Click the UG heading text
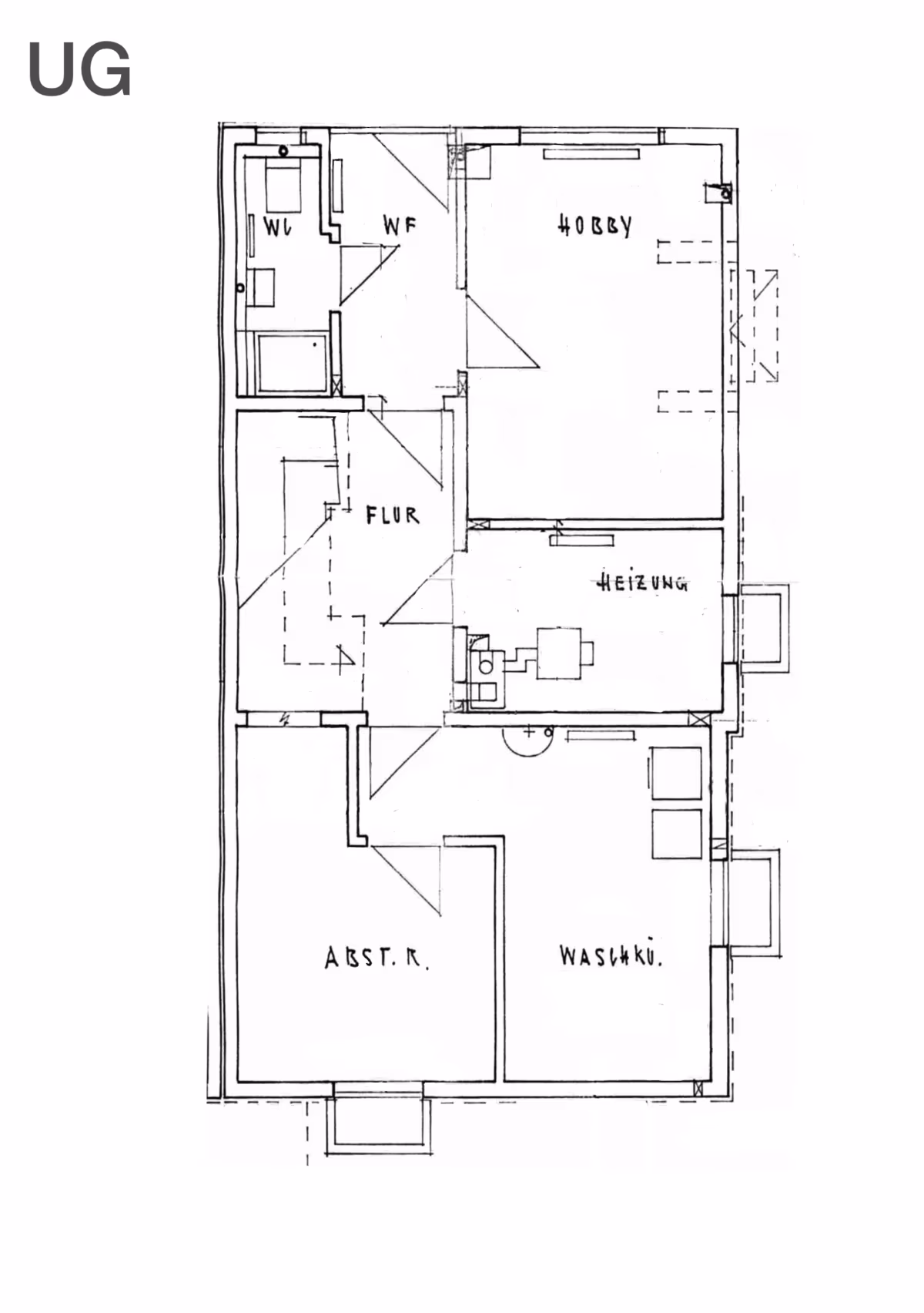pos(79,69)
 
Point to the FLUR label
pos(393,515)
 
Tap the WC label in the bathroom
pos(277,227)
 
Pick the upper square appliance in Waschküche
pos(677,773)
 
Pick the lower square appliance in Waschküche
pos(677,834)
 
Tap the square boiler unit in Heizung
pos(560,653)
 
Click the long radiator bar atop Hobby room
pos(591,154)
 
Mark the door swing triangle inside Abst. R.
pos(406,880)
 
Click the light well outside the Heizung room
pos(763,627)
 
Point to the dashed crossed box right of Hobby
pos(754,326)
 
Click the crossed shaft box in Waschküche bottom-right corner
pos(698,1088)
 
